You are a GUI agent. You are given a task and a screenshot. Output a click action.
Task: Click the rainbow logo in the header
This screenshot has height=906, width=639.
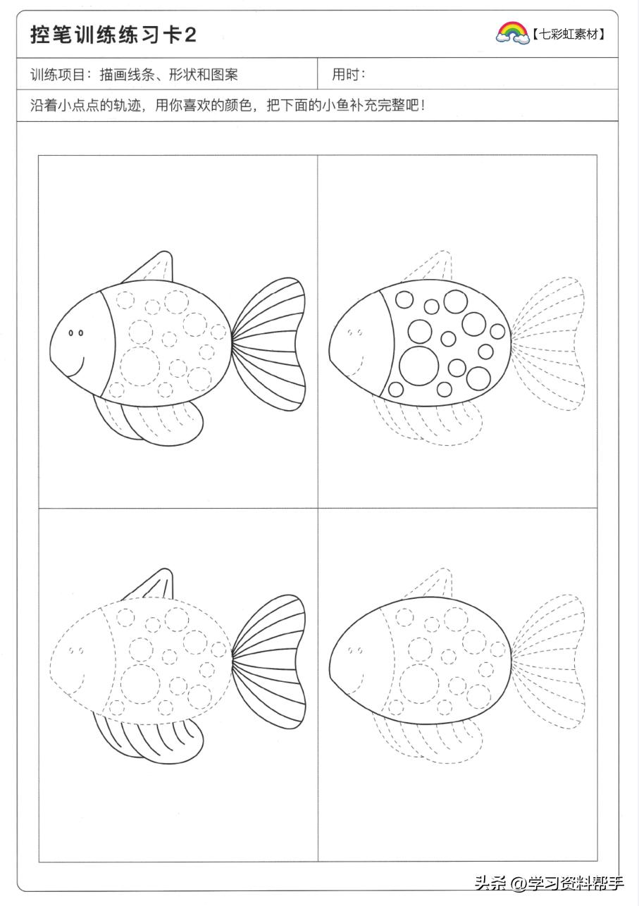pyautogui.click(x=512, y=33)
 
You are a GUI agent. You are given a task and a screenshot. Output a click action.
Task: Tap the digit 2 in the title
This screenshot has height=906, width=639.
pyautogui.click(x=190, y=35)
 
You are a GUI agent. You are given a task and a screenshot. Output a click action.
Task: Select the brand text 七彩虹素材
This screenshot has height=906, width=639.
pyautogui.click(x=569, y=35)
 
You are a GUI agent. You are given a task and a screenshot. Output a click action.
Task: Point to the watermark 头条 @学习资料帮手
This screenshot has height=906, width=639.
pyautogui.click(x=549, y=883)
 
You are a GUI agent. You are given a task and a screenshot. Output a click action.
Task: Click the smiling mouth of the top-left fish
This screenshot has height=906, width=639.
pyautogui.click(x=76, y=366)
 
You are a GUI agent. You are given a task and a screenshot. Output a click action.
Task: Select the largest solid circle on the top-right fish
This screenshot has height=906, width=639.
pyautogui.click(x=419, y=366)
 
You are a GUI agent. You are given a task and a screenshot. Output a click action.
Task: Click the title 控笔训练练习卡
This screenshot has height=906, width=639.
pyautogui.click(x=106, y=35)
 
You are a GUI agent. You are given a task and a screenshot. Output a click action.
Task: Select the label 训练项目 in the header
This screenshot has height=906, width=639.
pyautogui.click(x=57, y=75)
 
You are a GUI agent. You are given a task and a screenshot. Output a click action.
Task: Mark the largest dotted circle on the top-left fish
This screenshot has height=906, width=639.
pyautogui.click(x=140, y=366)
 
